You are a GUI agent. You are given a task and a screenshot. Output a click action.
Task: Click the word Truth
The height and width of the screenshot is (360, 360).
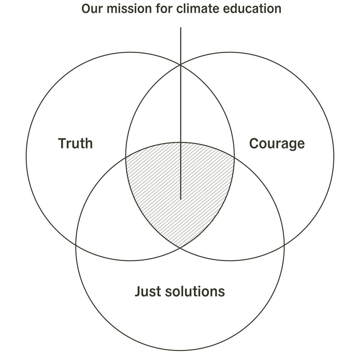click(x=76, y=143)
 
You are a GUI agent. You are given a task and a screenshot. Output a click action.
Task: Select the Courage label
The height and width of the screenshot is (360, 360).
click(x=277, y=144)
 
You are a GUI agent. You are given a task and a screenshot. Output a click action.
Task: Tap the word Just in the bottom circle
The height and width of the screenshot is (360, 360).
click(x=146, y=292)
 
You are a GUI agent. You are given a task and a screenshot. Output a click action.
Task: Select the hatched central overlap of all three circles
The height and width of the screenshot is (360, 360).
click(x=168, y=186)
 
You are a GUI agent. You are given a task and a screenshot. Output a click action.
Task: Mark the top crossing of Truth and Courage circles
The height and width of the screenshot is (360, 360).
click(x=180, y=64)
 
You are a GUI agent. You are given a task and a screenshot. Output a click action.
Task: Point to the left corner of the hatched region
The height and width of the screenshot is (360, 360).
click(x=126, y=156)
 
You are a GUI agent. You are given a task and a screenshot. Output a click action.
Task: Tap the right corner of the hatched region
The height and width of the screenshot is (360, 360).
click(x=234, y=156)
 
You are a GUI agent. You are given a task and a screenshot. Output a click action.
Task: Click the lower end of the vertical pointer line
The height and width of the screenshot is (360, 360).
click(x=181, y=199)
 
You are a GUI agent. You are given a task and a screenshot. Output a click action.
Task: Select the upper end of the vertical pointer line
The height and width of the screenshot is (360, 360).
click(x=181, y=28)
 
